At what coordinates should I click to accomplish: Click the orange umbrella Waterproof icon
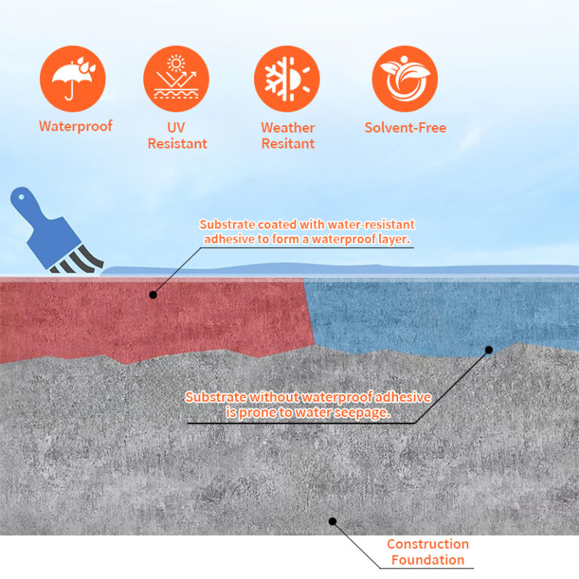pyautogui.click(x=72, y=79)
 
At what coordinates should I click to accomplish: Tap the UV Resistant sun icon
pyautogui.click(x=176, y=79)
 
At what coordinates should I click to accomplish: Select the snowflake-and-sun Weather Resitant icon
pyautogui.click(x=286, y=79)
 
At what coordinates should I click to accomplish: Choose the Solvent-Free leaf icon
pyautogui.click(x=404, y=79)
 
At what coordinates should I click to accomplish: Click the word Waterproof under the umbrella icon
pyautogui.click(x=75, y=126)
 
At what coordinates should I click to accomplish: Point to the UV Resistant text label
pyautogui.click(x=177, y=135)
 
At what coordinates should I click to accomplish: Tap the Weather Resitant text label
pyautogui.click(x=287, y=135)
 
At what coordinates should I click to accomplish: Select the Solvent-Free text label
pyautogui.click(x=405, y=127)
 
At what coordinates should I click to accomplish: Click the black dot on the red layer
pyautogui.click(x=153, y=295)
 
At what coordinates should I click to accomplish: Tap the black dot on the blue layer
pyautogui.click(x=489, y=350)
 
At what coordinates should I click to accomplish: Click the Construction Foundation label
pyautogui.click(x=427, y=552)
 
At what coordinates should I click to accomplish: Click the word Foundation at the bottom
pyautogui.click(x=427, y=560)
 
